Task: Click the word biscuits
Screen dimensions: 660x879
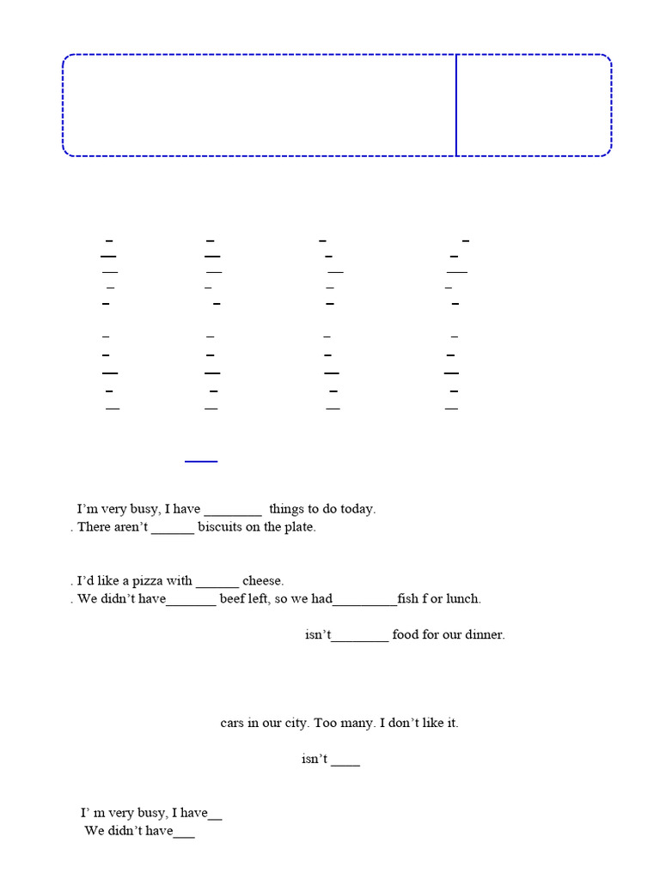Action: [x=220, y=527]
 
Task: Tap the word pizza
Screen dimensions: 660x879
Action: [x=147, y=581]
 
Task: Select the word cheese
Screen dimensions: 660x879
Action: [x=263, y=581]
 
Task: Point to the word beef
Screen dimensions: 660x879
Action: [x=232, y=598]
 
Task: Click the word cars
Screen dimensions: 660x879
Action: [x=232, y=723]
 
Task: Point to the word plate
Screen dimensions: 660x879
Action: [x=302, y=528]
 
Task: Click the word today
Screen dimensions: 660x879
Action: [x=357, y=510]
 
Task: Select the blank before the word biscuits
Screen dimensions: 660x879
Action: [x=173, y=532]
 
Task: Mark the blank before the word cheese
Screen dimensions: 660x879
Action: [x=217, y=586]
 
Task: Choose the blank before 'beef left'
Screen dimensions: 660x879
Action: [x=191, y=604]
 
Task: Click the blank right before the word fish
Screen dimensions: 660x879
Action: [x=364, y=604]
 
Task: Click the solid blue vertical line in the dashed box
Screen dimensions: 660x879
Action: [x=456, y=106]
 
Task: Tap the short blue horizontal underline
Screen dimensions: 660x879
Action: [x=201, y=461]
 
